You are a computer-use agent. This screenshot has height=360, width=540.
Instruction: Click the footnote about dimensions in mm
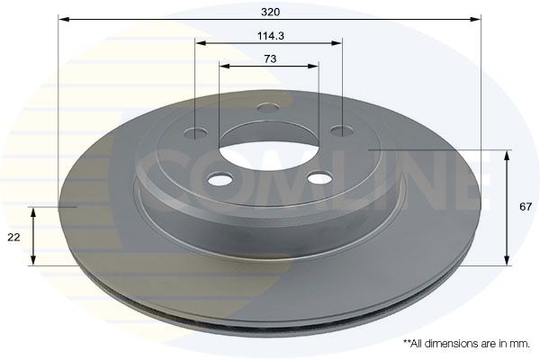466,343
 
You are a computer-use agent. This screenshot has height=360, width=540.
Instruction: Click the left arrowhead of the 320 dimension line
63,18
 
